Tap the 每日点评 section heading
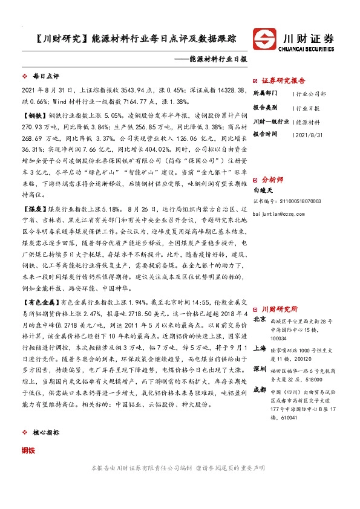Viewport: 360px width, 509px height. [x=44, y=77]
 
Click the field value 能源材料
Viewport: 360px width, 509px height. [x=311, y=121]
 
